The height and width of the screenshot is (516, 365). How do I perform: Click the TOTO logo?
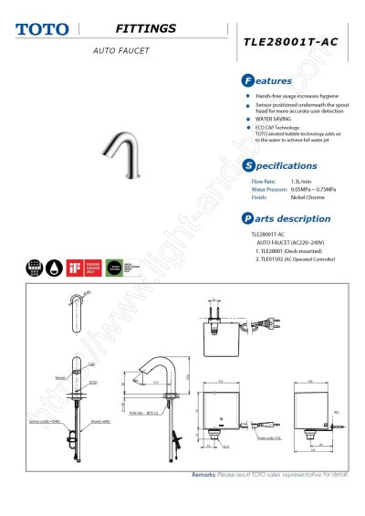pyautogui.click(x=41, y=29)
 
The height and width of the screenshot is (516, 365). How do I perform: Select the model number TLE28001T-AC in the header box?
pyautogui.click(x=289, y=42)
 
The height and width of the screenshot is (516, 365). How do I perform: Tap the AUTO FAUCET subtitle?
pyautogui.click(x=120, y=50)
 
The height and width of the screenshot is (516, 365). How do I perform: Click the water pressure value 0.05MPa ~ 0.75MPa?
pyautogui.click(x=313, y=189)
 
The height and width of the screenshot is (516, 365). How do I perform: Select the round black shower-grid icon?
pyautogui.click(x=34, y=268)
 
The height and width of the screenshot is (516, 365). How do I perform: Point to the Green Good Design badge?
pyautogui.click(x=116, y=268)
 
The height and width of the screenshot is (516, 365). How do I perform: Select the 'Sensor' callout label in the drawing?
pyautogui.click(x=59, y=375)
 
